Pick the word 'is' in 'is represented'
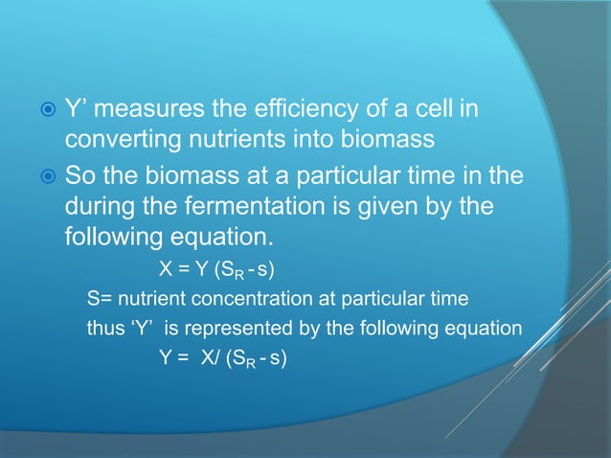172,329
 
